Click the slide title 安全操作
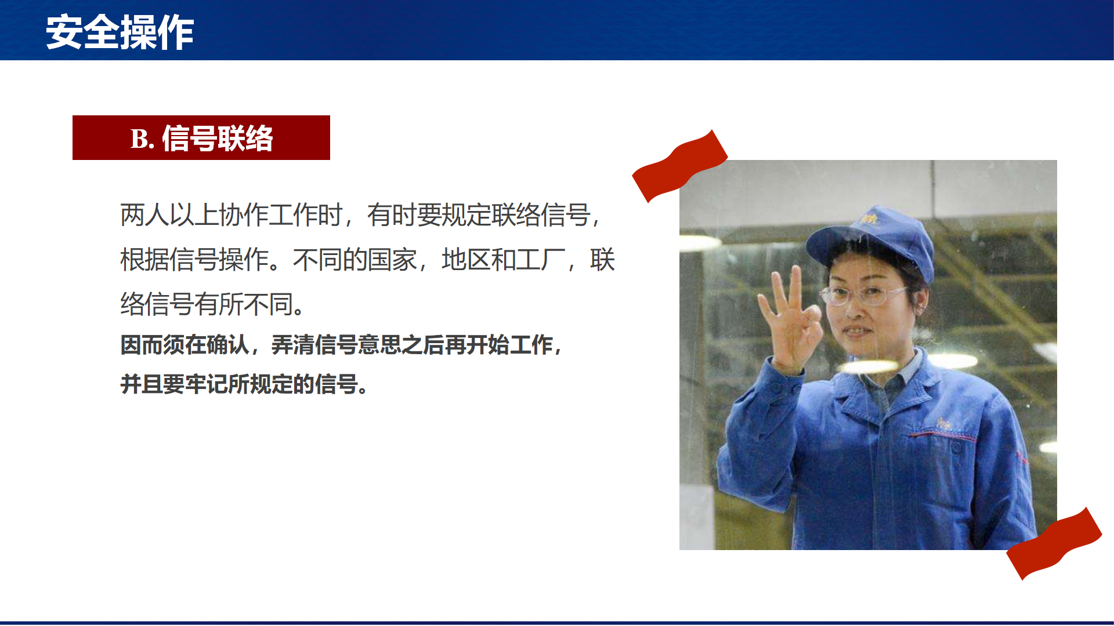click(x=120, y=32)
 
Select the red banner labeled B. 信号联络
click(x=201, y=137)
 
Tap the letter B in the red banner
click(x=139, y=139)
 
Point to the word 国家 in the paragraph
click(x=392, y=260)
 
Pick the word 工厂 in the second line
click(x=541, y=260)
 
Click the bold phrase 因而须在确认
click(x=185, y=345)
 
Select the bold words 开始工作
click(x=509, y=345)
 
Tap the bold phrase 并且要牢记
click(x=173, y=384)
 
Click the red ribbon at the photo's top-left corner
click(x=679, y=166)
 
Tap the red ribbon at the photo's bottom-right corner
click(x=1054, y=543)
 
